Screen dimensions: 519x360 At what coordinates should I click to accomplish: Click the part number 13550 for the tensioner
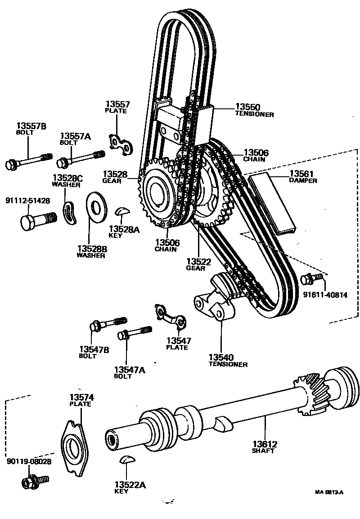[247, 107]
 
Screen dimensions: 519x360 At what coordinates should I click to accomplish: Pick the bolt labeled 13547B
[108, 323]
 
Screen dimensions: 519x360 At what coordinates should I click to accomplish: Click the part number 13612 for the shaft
[265, 444]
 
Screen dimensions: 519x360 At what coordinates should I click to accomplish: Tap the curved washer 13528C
[70, 212]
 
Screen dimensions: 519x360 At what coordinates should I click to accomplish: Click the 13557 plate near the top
[121, 144]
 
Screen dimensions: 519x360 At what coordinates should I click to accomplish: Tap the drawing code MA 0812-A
[329, 492]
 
